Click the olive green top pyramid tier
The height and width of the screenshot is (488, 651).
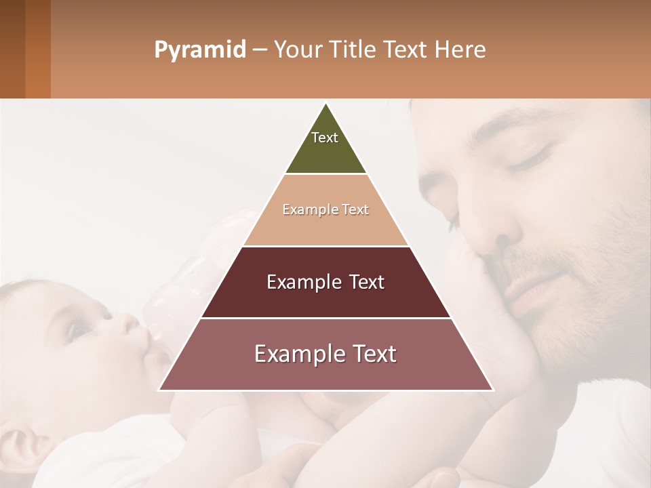click(325, 149)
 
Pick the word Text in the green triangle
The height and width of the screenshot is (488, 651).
click(325, 138)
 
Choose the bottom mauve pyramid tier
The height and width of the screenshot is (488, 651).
click(325, 373)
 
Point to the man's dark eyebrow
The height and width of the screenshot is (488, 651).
click(522, 125)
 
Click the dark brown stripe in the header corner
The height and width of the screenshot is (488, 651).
click(12, 49)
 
